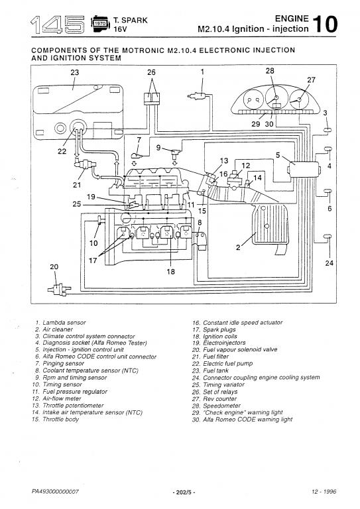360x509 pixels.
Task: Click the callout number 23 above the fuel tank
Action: [x=75, y=72]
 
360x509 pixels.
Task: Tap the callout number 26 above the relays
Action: [x=151, y=72]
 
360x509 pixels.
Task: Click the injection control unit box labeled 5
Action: [x=304, y=169]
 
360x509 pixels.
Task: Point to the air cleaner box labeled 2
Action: [x=269, y=225]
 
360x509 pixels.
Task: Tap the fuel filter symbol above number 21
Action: [x=85, y=163]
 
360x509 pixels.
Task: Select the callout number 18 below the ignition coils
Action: [x=171, y=271]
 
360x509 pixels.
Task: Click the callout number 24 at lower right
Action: [x=329, y=262]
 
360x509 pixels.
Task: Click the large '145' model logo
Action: [x=58, y=25]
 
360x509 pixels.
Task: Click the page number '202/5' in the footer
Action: [x=184, y=492]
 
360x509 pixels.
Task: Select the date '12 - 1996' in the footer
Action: [x=324, y=492]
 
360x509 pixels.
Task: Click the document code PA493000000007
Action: [x=55, y=492]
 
